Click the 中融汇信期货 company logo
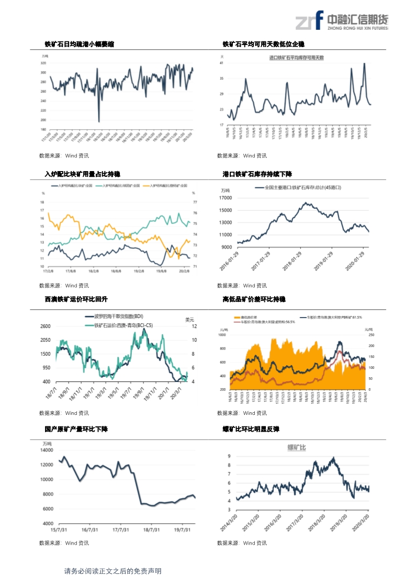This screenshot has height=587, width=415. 342,21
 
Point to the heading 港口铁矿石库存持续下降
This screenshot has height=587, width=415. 257,174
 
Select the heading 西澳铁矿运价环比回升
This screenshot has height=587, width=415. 76,299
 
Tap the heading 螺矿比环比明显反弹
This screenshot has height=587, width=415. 251,429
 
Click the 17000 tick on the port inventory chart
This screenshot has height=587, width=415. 226,198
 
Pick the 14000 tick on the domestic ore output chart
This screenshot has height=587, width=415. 47,450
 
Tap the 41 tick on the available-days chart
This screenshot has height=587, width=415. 222,63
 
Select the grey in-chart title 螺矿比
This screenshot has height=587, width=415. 297,447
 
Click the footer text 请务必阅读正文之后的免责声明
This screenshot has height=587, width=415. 113,571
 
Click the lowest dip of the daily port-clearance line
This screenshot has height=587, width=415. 99,121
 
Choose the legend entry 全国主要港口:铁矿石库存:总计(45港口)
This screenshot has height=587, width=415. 301,187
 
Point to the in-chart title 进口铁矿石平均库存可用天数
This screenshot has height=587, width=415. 296,58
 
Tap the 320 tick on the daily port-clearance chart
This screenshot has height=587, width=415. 43,63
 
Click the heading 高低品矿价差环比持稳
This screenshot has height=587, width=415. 254,299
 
